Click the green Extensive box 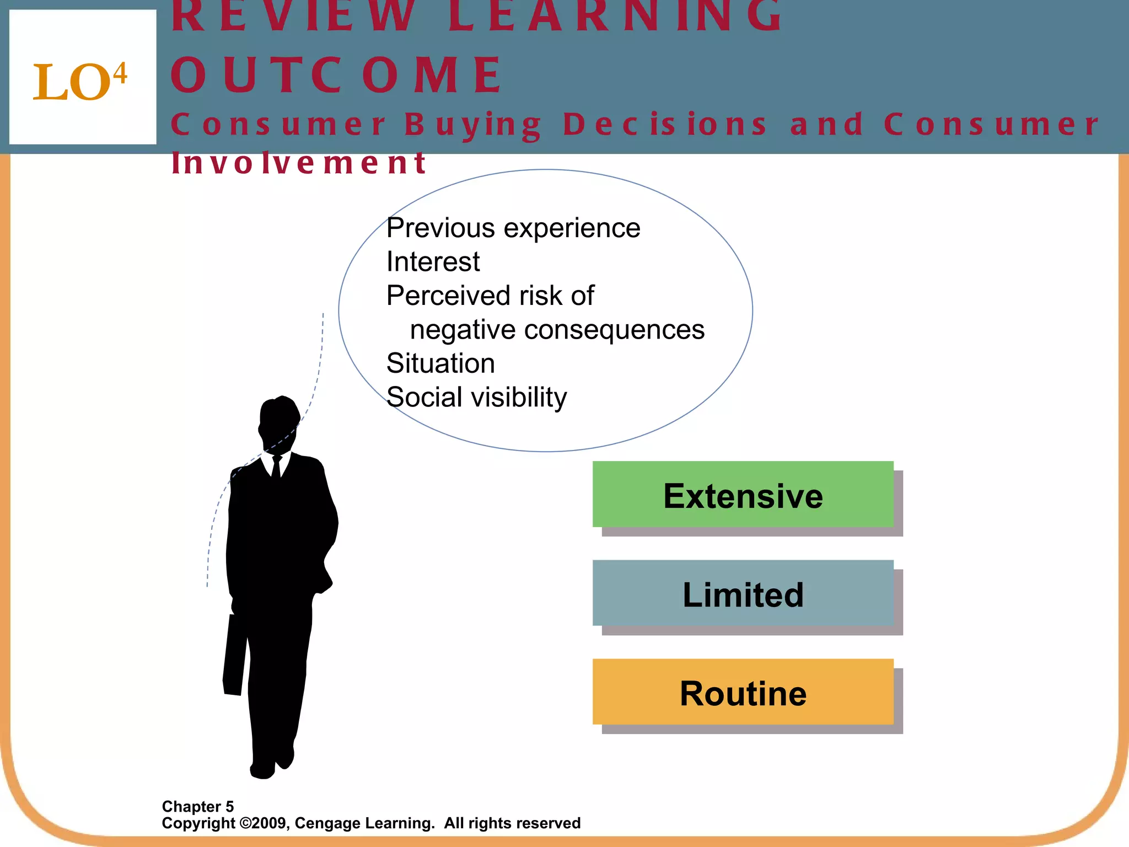[x=743, y=495]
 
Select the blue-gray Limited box [x=743, y=593]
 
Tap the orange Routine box [x=743, y=692]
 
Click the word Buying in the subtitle [x=473, y=125]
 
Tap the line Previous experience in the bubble [x=513, y=228]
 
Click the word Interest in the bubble [x=433, y=261]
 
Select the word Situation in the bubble [x=440, y=363]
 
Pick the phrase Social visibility [x=476, y=397]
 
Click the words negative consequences [x=557, y=330]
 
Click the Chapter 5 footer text [x=198, y=806]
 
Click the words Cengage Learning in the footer [x=364, y=823]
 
